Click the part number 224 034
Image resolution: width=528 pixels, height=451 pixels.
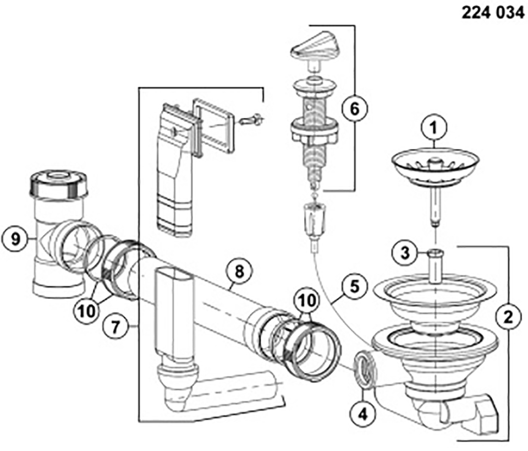[493, 13]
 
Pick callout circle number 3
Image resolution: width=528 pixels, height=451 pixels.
[405, 253]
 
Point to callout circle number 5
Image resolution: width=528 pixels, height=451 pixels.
[346, 287]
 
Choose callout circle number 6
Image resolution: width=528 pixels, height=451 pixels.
[354, 109]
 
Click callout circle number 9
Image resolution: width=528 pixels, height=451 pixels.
[14, 239]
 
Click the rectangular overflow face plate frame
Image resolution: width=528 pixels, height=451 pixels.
[214, 125]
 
